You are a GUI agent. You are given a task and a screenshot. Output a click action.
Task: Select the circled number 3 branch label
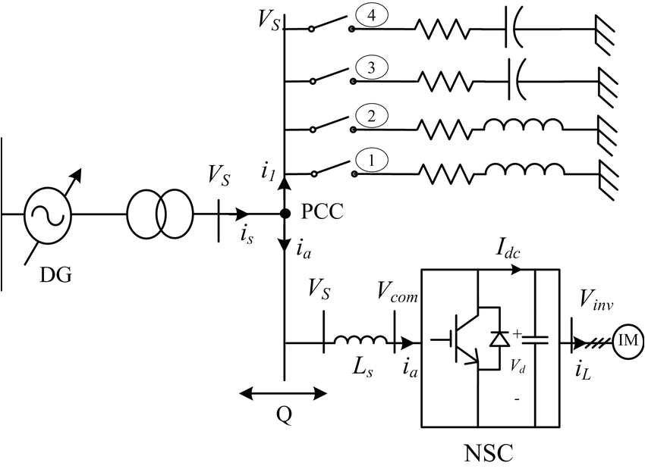pos(372,69)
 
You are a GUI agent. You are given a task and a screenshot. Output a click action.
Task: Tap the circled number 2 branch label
pos(372,116)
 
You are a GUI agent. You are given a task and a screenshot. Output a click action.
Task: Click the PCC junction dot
pos(284,214)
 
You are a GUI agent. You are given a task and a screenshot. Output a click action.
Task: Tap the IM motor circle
pos(627,342)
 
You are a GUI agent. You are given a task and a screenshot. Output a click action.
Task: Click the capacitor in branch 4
pos(512,30)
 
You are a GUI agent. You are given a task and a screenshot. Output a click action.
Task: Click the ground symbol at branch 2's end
pos(606,125)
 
